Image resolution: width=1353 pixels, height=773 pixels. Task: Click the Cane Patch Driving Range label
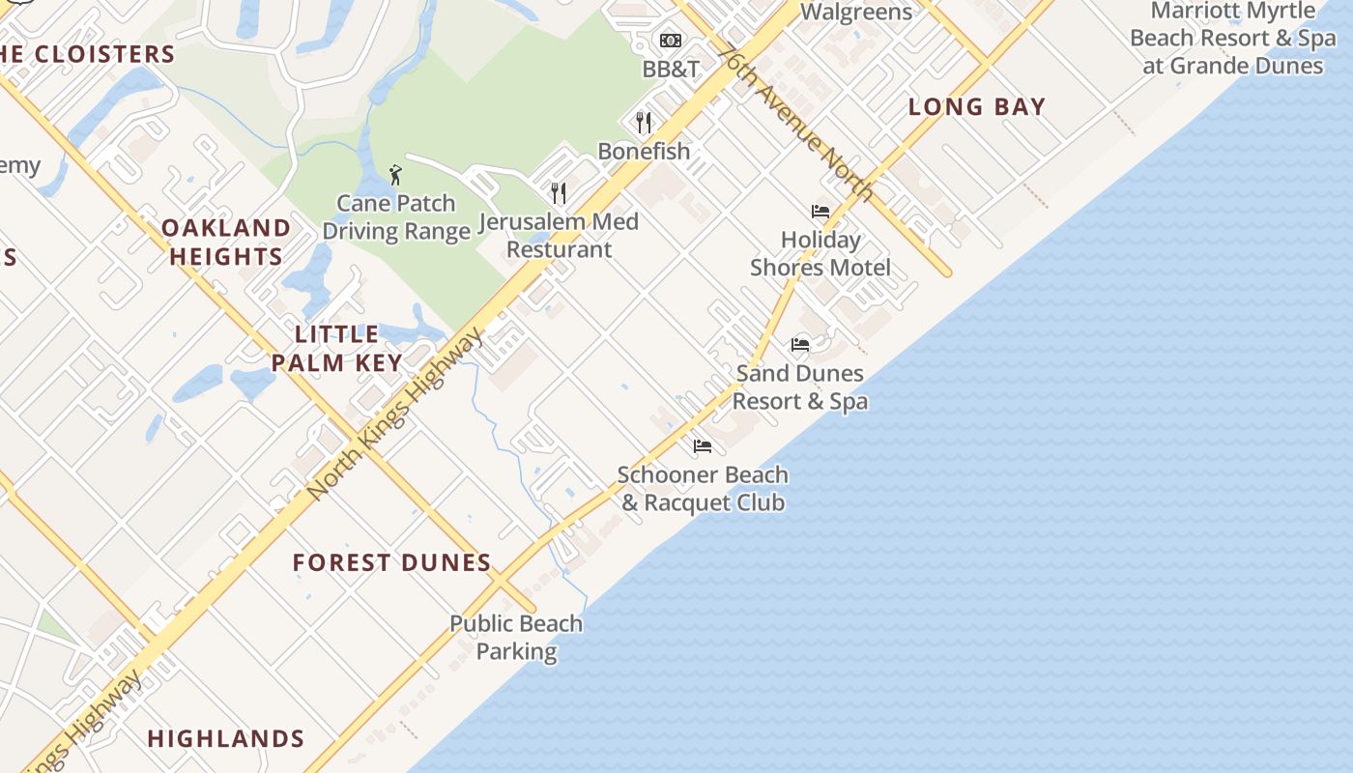pyautogui.click(x=396, y=217)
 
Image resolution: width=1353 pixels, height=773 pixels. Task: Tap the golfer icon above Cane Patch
pyautogui.click(x=395, y=175)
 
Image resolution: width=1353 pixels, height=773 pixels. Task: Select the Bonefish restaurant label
pyautogui.click(x=644, y=151)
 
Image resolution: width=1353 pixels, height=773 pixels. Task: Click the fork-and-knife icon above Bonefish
pyautogui.click(x=644, y=122)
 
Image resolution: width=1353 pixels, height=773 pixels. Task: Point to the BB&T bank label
pyautogui.click(x=671, y=70)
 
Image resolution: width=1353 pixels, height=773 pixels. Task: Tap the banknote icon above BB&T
pyautogui.click(x=671, y=41)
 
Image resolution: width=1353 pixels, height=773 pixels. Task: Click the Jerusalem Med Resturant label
pyautogui.click(x=559, y=236)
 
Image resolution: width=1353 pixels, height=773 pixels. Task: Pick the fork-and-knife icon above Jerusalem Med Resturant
pyautogui.click(x=558, y=193)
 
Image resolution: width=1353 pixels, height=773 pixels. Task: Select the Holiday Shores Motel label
pyautogui.click(x=820, y=253)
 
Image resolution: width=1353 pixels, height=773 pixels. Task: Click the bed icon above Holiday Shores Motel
pyautogui.click(x=820, y=212)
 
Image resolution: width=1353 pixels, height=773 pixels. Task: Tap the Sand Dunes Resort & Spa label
pyautogui.click(x=800, y=386)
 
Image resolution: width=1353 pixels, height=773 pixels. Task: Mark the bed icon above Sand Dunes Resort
pyautogui.click(x=800, y=344)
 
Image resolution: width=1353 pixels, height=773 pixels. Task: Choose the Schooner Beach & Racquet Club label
pyautogui.click(x=703, y=489)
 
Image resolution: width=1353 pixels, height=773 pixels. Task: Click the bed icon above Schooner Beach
pyautogui.click(x=703, y=446)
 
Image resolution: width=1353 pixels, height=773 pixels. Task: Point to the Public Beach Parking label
pyautogui.click(x=516, y=638)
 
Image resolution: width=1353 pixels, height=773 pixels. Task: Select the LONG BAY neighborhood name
pyautogui.click(x=976, y=107)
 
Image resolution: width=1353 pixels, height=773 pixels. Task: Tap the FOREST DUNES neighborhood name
pyautogui.click(x=392, y=562)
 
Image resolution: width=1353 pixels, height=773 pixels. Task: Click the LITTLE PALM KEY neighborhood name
pyautogui.click(x=336, y=349)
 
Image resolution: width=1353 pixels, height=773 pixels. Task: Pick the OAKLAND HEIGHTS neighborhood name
pyautogui.click(x=226, y=242)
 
